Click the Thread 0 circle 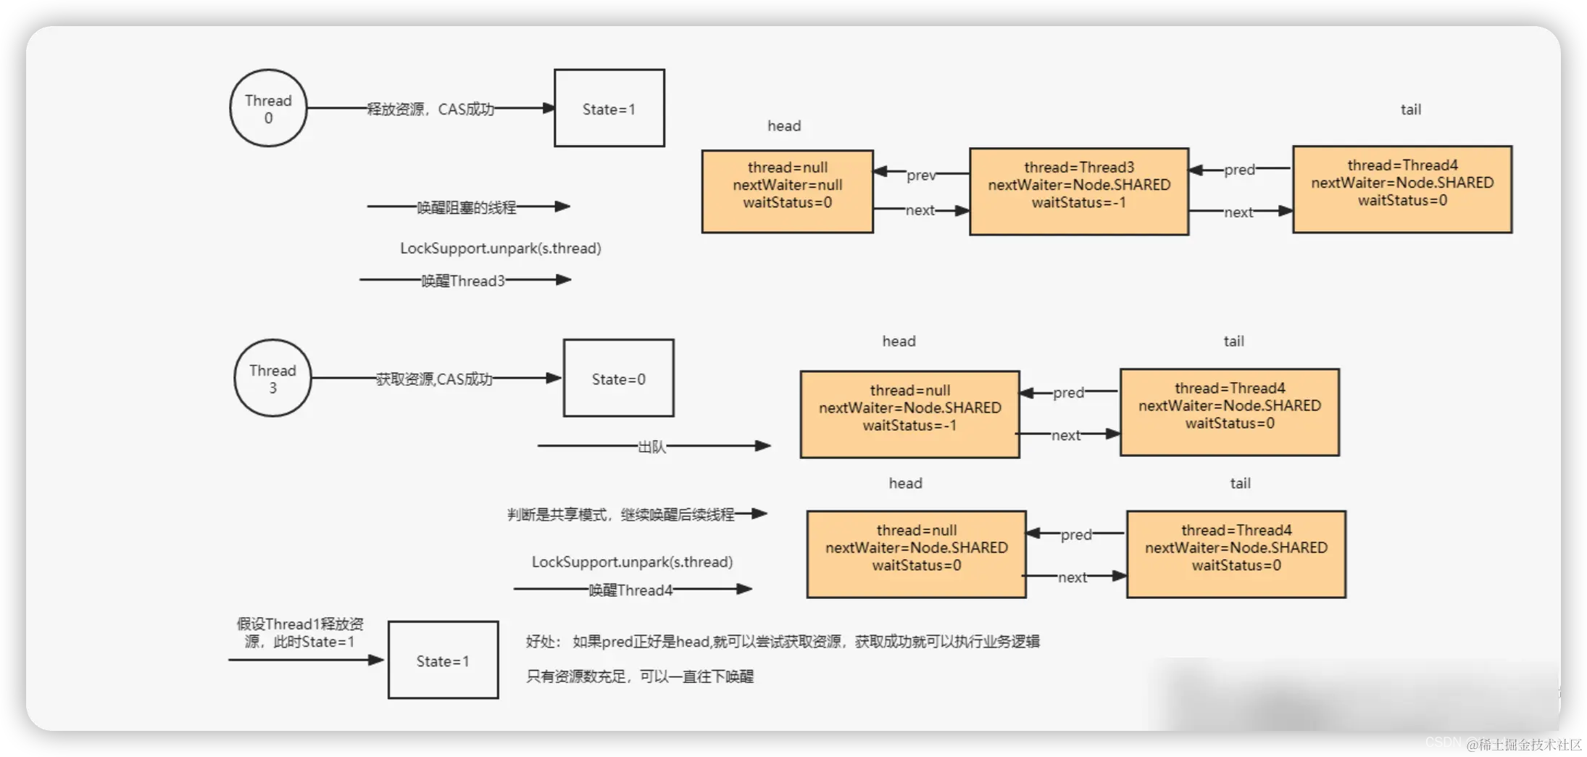click(x=268, y=108)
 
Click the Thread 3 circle click(x=272, y=378)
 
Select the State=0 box click(x=618, y=378)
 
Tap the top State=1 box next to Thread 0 click(x=609, y=108)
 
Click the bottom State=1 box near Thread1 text click(x=443, y=660)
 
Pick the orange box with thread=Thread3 click(x=1078, y=191)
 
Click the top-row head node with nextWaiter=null click(x=787, y=191)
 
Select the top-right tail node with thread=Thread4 click(x=1401, y=189)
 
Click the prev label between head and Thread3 click(x=920, y=175)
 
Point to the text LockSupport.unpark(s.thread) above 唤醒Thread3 click(x=500, y=248)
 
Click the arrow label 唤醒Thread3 click(x=463, y=281)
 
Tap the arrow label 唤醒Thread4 click(x=630, y=590)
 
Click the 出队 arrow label click(x=651, y=447)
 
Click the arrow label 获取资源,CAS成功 click(x=433, y=379)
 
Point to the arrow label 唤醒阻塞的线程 click(x=466, y=207)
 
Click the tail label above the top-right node click(x=1410, y=109)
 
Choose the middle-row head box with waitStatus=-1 click(x=909, y=414)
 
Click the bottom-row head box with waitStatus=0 click(x=916, y=554)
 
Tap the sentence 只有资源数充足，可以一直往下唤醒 click(x=639, y=677)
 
